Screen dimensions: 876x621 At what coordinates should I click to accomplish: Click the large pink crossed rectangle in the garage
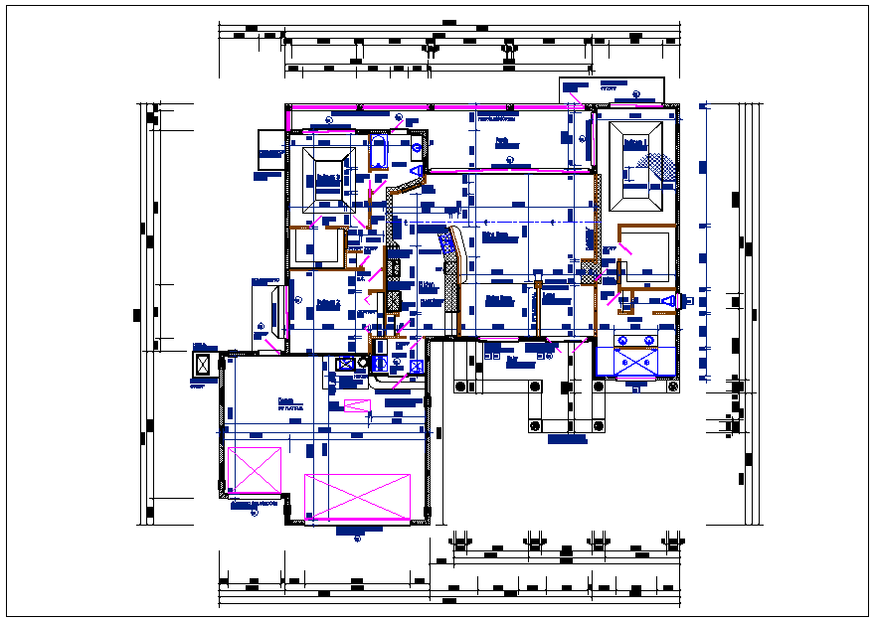click(x=357, y=496)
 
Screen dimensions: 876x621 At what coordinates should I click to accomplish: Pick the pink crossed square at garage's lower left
click(x=255, y=470)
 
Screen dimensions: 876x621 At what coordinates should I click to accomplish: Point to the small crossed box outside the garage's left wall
click(x=204, y=364)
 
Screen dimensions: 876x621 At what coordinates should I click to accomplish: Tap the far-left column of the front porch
click(x=459, y=386)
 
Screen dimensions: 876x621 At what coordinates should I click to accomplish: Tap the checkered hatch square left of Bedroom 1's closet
click(x=590, y=269)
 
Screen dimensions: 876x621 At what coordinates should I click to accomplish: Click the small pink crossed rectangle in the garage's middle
click(x=356, y=405)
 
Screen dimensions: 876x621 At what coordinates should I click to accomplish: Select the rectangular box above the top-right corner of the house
click(x=612, y=89)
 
